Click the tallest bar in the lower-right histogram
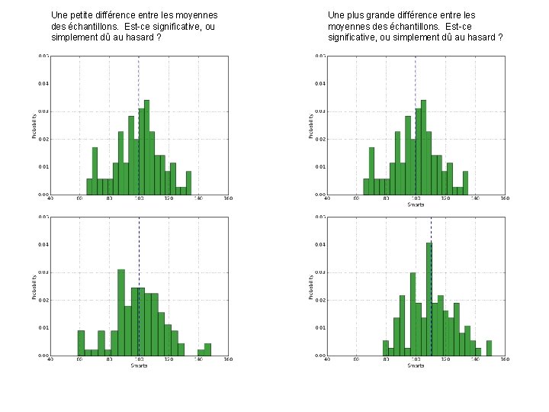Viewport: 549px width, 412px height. (x=429, y=298)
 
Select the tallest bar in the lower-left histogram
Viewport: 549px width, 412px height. (x=120, y=312)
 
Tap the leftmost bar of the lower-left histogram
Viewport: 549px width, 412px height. (x=81, y=343)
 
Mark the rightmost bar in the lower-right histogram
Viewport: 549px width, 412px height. (x=489, y=348)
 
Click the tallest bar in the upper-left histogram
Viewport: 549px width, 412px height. (x=146, y=146)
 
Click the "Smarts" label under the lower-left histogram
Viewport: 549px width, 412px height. (x=139, y=365)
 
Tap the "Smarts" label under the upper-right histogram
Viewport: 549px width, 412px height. (x=416, y=204)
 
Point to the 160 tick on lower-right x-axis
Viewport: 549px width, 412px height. (x=504, y=360)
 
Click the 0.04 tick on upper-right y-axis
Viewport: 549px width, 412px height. (x=320, y=83)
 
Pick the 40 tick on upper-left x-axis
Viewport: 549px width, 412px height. (x=51, y=199)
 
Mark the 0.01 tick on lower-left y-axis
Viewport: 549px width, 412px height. (x=43, y=327)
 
